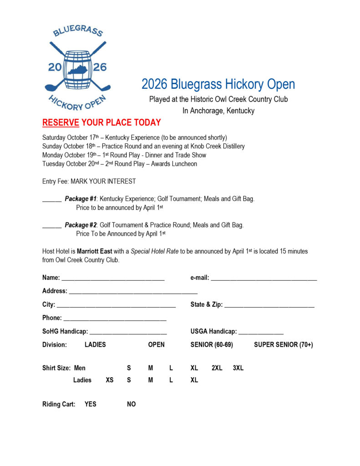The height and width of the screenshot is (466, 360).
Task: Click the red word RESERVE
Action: pos(61,123)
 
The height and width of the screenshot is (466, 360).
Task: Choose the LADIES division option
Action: pos(95,345)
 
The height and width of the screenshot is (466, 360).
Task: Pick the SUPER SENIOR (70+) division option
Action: pos(283,345)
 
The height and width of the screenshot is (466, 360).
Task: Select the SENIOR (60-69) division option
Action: pos(212,345)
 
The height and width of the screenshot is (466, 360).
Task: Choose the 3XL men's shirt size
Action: pos(238,368)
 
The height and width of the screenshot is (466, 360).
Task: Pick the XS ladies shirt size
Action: pos(110,380)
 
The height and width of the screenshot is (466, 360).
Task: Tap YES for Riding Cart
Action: pos(91,404)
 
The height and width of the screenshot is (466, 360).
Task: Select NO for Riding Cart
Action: pos(131,404)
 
